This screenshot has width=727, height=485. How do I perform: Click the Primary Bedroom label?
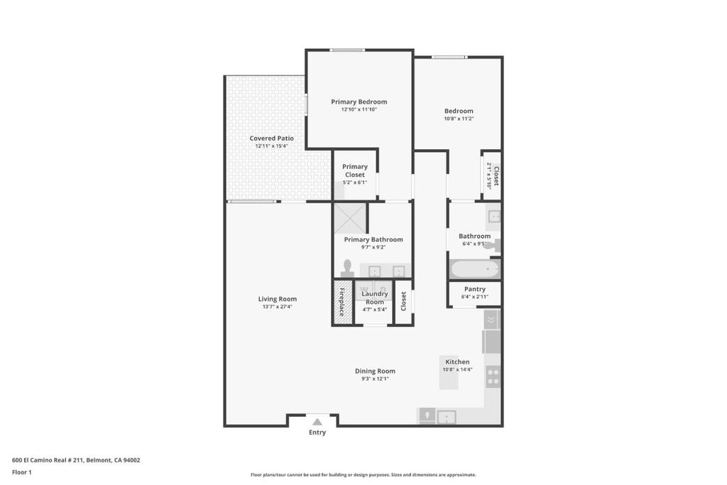coord(359,102)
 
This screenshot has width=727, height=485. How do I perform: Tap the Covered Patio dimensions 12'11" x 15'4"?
coord(272,146)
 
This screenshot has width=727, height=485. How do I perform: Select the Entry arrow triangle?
coord(317,422)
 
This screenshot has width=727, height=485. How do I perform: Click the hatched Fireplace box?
coord(342,303)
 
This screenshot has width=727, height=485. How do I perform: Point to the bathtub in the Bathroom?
coord(474,269)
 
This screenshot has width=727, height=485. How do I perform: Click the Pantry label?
coord(475,289)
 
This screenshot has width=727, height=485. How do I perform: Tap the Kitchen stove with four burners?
coord(493,376)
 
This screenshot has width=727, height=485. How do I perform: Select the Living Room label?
coord(278,299)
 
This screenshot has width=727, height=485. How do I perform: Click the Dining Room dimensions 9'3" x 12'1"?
coord(375,378)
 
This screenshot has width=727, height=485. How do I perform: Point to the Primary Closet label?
coord(355,170)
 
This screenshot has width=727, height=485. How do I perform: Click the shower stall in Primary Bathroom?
coord(350,218)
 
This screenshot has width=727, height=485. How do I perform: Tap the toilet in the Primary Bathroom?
coord(347,269)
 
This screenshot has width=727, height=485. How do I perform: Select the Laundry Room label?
coord(375,298)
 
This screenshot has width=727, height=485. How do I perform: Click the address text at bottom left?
coord(76,460)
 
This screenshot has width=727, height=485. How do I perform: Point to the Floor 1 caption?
coord(22,472)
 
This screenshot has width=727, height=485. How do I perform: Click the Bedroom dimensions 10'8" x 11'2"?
coord(459,119)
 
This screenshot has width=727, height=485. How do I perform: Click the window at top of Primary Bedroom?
coord(347,50)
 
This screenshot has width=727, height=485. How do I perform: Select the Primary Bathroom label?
coord(373,239)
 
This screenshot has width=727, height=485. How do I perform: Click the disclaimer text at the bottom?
coord(363,475)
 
